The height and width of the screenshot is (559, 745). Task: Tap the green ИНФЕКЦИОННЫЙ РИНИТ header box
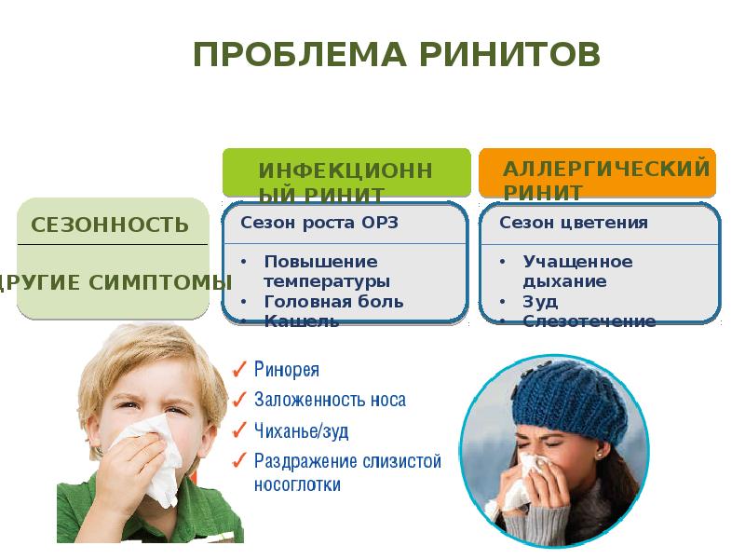[x=345, y=172]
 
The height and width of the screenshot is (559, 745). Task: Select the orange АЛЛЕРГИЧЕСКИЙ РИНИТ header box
[x=597, y=172]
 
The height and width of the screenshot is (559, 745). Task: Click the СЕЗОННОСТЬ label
[x=110, y=225]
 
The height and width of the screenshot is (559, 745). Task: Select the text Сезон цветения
[x=574, y=224]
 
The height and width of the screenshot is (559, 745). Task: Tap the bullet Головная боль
[x=333, y=301]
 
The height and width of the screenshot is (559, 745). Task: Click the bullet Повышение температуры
[x=326, y=270]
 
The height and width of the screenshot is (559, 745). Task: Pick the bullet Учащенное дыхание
[x=577, y=270]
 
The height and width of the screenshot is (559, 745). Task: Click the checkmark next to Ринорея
[x=239, y=369]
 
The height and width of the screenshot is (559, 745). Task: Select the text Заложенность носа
[x=330, y=400]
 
